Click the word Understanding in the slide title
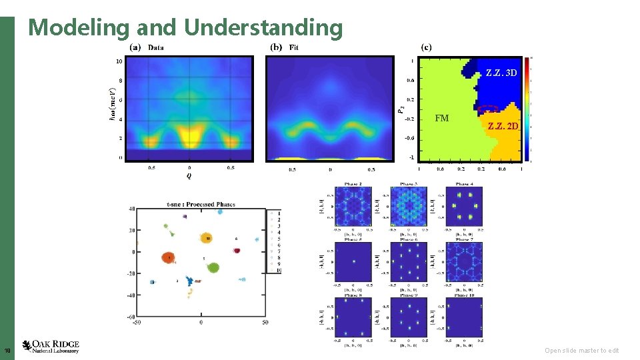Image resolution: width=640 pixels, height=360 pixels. click(263, 27)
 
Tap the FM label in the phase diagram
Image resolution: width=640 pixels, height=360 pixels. click(441, 119)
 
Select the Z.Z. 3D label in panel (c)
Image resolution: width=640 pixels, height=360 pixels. click(501, 72)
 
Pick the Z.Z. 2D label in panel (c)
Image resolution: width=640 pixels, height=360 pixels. click(502, 126)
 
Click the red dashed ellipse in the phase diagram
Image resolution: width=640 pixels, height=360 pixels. click(488, 109)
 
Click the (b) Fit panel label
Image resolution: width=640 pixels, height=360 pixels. click(285, 47)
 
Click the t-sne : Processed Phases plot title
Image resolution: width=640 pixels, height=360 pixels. click(201, 204)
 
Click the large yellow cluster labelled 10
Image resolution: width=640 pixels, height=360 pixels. click(207, 238)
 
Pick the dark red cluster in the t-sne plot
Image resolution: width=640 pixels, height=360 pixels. click(237, 251)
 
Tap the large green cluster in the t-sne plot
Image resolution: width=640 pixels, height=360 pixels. click(213, 267)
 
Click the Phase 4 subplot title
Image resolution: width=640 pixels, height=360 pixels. click(464, 183)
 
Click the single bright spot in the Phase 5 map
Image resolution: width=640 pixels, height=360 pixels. click(352, 262)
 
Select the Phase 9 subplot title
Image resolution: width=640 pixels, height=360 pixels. click(408, 294)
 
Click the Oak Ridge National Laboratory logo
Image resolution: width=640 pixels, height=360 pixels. click(51, 346)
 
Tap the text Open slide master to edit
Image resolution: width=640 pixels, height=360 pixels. click(581, 351)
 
